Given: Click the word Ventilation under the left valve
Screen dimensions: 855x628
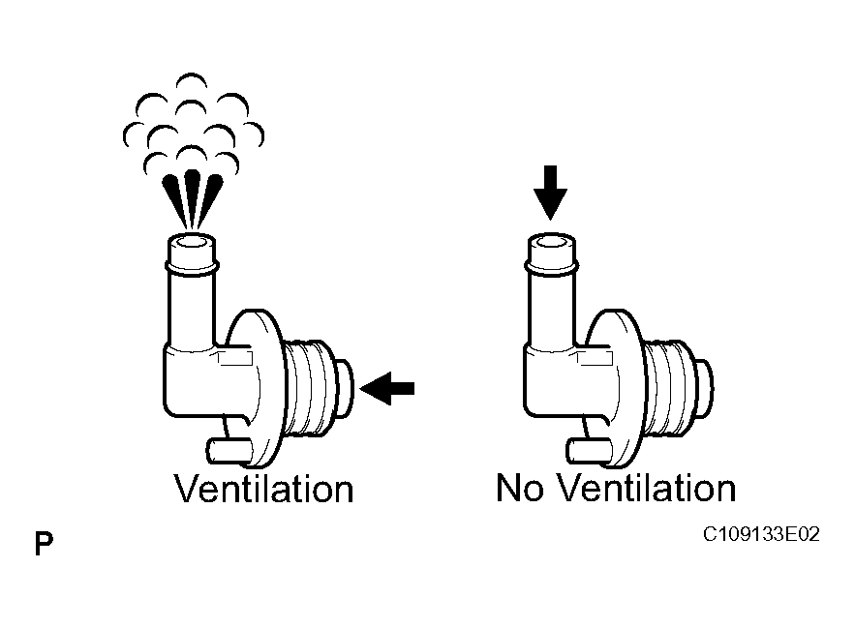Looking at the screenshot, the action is (264, 489).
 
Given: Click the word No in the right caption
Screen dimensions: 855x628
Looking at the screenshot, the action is (520, 488).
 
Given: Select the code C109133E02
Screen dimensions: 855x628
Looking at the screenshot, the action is (761, 534).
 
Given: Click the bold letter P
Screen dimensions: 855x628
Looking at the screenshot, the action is (45, 544).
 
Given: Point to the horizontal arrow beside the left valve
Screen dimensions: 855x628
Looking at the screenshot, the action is (387, 388).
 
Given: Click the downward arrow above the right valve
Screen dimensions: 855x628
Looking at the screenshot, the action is (550, 193).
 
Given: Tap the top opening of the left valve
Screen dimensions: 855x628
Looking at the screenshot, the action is (192, 241).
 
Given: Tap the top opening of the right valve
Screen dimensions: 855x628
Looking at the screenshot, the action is (551, 240).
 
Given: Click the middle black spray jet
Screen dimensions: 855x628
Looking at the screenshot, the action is (192, 199).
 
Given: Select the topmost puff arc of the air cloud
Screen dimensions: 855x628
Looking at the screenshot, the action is (192, 79).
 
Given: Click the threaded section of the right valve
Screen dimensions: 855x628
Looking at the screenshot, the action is (670, 388).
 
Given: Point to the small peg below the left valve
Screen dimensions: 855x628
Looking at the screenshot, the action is (229, 451).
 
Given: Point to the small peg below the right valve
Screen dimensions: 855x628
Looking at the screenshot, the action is (589, 451).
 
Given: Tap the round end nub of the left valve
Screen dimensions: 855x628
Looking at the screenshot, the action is (345, 388).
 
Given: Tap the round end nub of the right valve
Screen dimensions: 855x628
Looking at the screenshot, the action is (705, 388).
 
